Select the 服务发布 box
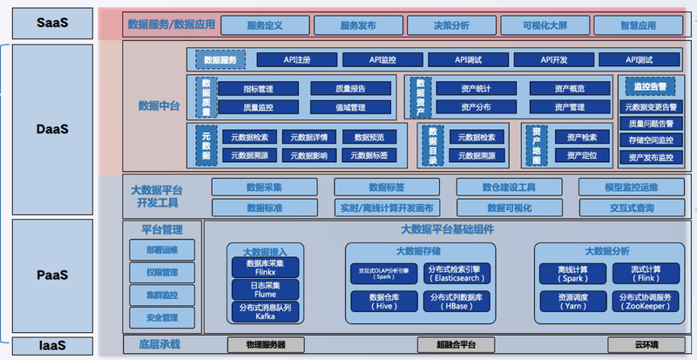click(358, 25)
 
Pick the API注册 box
click(297, 60)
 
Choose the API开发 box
click(553, 60)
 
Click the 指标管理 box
click(258, 88)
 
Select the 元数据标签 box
click(369, 155)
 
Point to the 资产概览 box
click(569, 88)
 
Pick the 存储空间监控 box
click(651, 139)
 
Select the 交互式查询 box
click(633, 207)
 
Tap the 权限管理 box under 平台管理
click(160, 272)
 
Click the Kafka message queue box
click(265, 312)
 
